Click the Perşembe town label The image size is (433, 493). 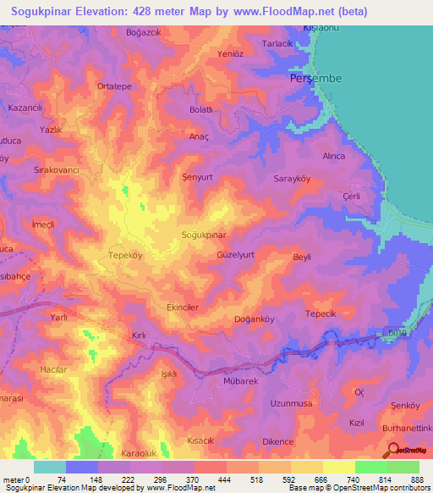click(315, 78)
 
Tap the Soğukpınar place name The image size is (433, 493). click(203, 235)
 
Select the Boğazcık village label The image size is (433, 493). click(141, 33)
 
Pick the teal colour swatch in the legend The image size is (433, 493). click(50, 467)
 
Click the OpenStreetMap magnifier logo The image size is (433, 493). click(392, 450)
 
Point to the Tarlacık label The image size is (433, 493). click(277, 43)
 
